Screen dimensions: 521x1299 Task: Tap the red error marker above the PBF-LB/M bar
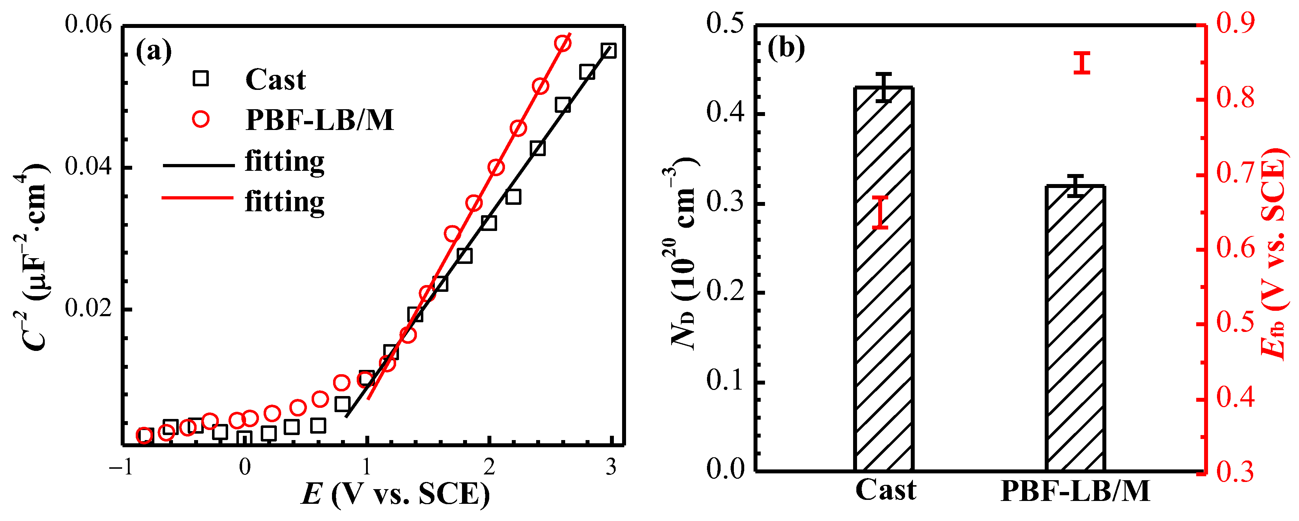point(1081,63)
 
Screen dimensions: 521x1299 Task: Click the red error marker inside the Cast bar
point(880,212)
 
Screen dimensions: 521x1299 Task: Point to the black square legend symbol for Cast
point(201,79)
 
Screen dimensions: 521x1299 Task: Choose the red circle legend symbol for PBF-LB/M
point(201,120)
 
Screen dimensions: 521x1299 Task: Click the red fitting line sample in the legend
point(198,198)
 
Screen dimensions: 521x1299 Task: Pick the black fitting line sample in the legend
point(198,165)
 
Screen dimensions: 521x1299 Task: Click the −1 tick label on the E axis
point(121,468)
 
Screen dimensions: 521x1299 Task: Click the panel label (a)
point(154,51)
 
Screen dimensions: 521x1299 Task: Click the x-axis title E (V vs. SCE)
point(396,494)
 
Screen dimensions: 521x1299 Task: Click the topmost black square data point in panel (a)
point(608,50)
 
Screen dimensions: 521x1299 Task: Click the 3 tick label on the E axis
point(611,468)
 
